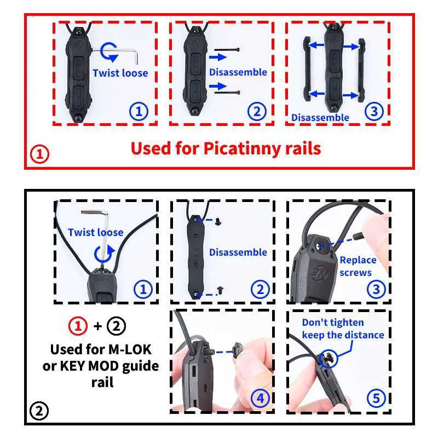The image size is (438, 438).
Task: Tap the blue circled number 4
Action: pos(260,399)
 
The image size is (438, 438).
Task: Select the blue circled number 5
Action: pos(376,399)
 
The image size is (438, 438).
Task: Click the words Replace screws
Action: pos(358,266)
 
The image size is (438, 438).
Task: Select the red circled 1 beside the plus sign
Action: pos(78,326)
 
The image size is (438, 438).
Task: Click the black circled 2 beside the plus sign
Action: pos(116,326)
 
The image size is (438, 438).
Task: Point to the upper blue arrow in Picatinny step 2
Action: pos(217,57)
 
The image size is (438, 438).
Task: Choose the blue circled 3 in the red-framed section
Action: pos(374,111)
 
